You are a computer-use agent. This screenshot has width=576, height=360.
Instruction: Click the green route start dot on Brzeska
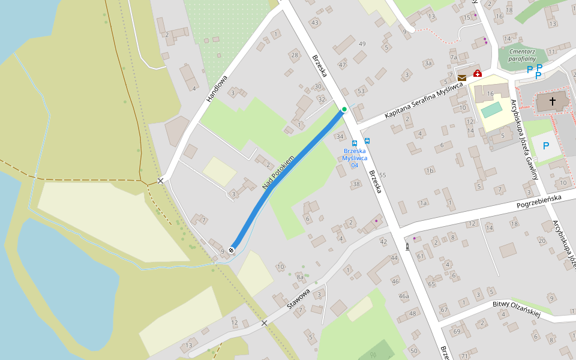click(x=344, y=109)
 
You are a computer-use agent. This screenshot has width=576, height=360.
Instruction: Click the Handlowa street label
click(x=217, y=88)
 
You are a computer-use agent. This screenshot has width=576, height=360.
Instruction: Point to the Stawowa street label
click(x=298, y=298)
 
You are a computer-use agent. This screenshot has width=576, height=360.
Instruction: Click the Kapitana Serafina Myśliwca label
click(x=425, y=100)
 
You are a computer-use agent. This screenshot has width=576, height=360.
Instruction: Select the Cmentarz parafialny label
click(x=521, y=55)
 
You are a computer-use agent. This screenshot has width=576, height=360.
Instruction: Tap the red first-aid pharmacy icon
click(x=477, y=73)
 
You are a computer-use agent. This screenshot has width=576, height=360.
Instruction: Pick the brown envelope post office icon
click(x=462, y=78)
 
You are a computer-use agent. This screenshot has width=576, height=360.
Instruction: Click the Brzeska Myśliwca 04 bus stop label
click(x=355, y=158)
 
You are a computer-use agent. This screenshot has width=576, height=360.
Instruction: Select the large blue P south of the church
click(x=546, y=146)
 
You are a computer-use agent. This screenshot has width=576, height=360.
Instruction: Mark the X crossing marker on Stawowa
click(x=264, y=323)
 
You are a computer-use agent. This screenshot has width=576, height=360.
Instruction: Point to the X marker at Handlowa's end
click(x=160, y=181)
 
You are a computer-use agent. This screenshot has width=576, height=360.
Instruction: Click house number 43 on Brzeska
click(x=315, y=23)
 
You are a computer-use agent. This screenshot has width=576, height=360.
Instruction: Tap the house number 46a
click(x=404, y=296)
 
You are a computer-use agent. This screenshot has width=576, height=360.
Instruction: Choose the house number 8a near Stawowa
click(x=300, y=277)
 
